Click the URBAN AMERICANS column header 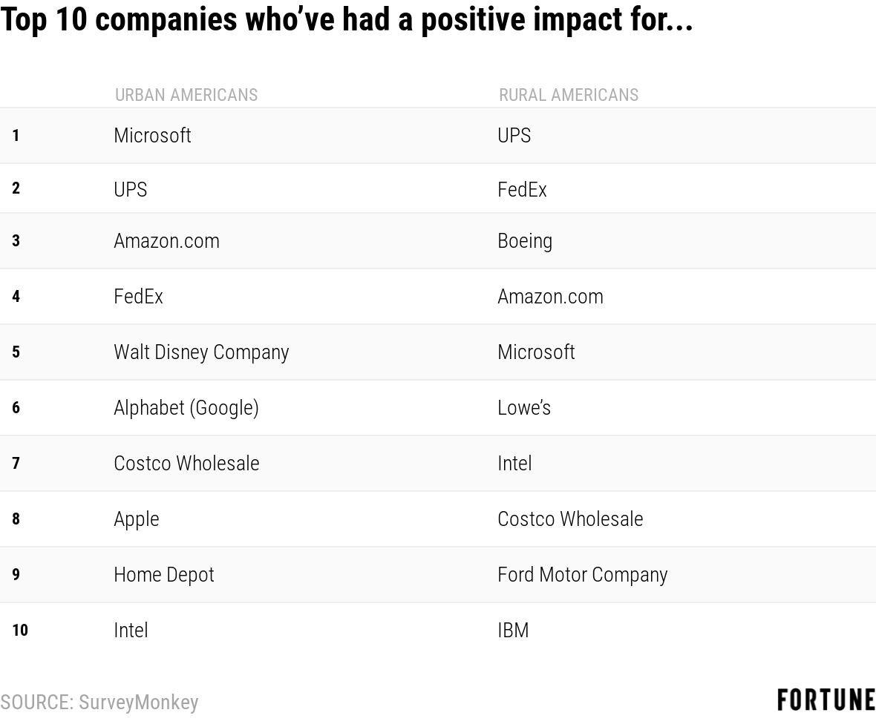(x=186, y=95)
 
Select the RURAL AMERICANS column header (x=568, y=95)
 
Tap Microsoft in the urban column (x=152, y=136)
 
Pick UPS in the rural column (x=514, y=136)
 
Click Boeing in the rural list (x=525, y=241)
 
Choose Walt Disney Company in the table (x=201, y=352)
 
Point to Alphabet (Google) (x=186, y=408)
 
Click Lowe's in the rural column (x=524, y=408)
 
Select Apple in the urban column (x=137, y=519)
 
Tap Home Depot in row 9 (x=164, y=575)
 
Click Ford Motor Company (x=583, y=575)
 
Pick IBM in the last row (x=513, y=631)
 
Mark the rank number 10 (x=20, y=631)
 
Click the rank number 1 (x=16, y=136)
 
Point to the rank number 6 (x=16, y=408)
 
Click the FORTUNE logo (x=826, y=700)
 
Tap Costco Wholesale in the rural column (x=570, y=519)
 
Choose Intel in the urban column (x=131, y=631)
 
